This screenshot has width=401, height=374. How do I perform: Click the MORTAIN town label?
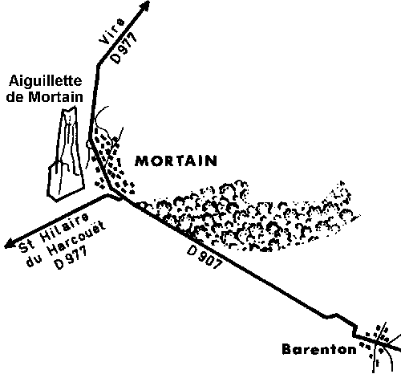point(176,161)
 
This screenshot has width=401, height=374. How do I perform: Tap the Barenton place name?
point(319,349)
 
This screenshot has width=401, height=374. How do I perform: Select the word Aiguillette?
point(45,81)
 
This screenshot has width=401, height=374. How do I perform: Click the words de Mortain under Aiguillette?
point(44,96)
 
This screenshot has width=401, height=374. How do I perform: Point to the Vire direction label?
point(111,31)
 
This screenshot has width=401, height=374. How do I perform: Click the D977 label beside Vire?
point(124,47)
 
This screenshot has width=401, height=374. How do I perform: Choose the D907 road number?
point(205,257)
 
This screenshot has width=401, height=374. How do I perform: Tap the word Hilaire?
point(64,228)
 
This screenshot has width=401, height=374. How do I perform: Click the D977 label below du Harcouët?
point(71,258)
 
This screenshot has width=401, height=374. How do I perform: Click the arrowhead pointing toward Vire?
point(144,6)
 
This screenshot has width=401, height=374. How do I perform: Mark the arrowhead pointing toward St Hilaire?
point(10,243)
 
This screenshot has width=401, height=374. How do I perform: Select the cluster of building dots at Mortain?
point(112,163)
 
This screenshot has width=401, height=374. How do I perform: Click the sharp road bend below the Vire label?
point(98,65)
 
